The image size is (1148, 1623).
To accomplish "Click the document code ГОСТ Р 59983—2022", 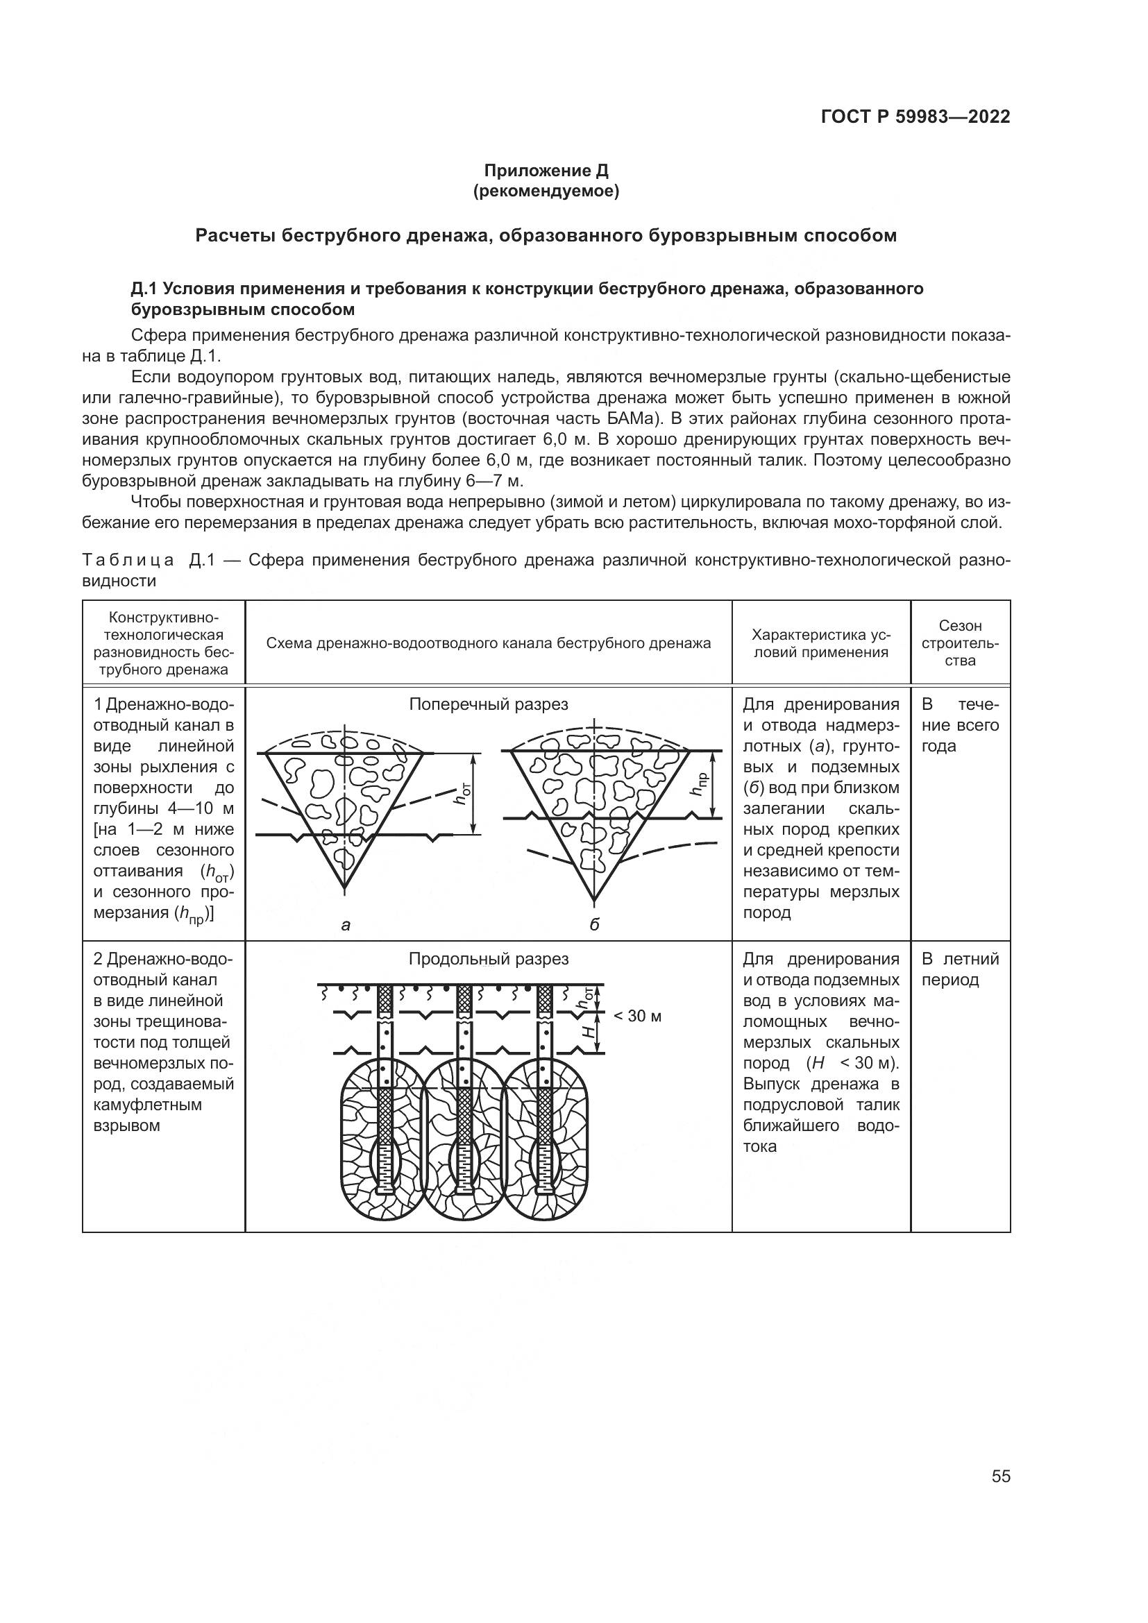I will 915,117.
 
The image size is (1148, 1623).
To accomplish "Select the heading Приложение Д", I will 546,171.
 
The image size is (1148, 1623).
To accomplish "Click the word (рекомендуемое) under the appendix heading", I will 546,192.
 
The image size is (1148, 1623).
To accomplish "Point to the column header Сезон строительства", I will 960,643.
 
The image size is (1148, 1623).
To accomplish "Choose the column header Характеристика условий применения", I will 820,643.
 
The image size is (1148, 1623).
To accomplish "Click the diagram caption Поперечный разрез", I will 489,704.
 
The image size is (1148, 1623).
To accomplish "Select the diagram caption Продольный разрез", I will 489,958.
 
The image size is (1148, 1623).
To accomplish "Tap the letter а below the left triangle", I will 346,924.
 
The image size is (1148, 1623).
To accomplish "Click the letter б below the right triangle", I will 594,924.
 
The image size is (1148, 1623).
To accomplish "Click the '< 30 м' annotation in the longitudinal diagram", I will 637,1016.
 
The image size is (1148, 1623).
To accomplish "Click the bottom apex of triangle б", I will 594,901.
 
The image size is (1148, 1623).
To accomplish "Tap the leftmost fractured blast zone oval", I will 382,1139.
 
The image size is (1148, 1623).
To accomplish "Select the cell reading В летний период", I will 960,969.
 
